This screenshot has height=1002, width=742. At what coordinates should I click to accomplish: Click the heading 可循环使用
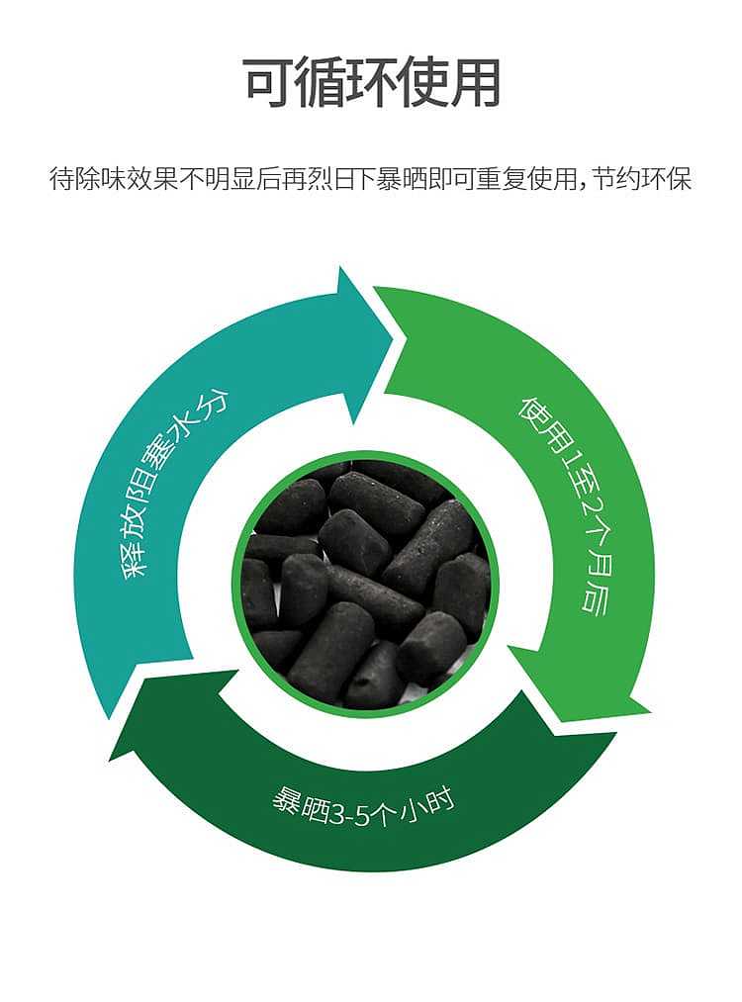371,82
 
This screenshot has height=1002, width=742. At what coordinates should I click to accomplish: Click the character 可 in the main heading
268,83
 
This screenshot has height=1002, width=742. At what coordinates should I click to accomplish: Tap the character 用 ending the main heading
475,83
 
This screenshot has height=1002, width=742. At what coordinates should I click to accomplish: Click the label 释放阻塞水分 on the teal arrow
174,486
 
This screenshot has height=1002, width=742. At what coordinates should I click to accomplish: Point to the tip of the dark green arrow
110,761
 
